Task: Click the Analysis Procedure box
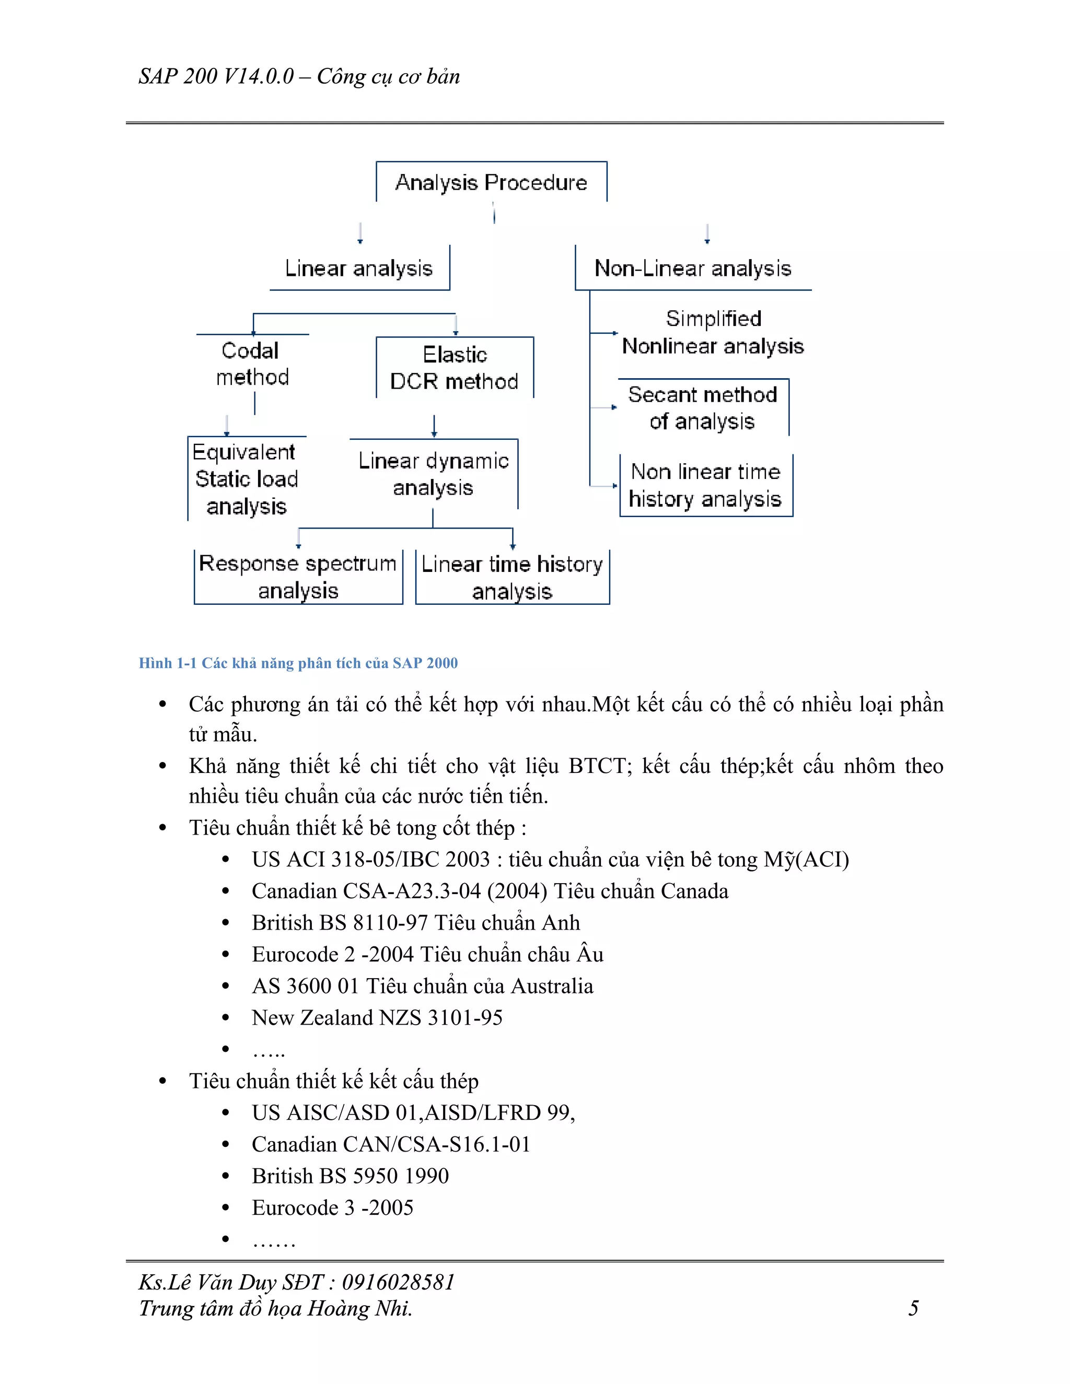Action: tap(491, 182)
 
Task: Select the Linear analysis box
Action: tap(359, 268)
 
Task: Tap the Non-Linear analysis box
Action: tap(693, 268)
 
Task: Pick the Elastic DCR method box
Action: tap(455, 368)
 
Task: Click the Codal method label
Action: tap(252, 363)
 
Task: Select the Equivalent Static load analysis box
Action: tap(246, 479)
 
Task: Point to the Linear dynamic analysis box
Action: tap(434, 474)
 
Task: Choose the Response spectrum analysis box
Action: tap(298, 577)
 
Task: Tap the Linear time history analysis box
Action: tap(512, 577)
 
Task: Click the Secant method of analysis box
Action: tap(702, 407)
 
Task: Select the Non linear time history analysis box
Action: tap(705, 485)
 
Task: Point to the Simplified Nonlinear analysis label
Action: tap(713, 332)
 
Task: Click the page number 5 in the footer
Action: tap(913, 1308)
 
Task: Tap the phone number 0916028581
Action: tap(398, 1282)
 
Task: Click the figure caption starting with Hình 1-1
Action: tap(298, 663)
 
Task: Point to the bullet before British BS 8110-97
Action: tap(226, 923)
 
